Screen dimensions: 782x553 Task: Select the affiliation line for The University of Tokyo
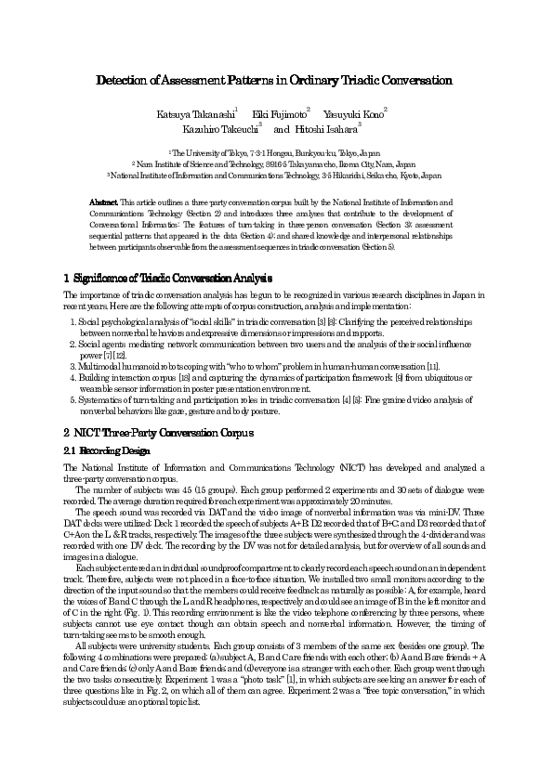click(276, 150)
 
